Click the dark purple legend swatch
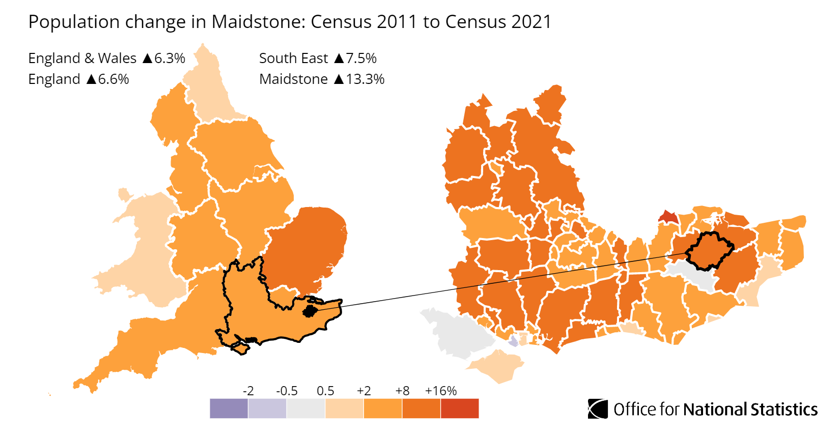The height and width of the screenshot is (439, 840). click(229, 408)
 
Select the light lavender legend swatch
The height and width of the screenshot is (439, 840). click(267, 408)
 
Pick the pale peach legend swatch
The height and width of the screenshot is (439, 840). click(344, 408)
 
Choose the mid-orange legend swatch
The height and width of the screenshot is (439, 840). click(383, 408)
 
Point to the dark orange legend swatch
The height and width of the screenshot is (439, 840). click(421, 408)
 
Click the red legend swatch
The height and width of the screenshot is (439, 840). click(460, 408)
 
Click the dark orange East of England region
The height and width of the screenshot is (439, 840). click(305, 244)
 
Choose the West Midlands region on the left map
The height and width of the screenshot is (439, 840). click(199, 239)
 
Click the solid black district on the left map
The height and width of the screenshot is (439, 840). click(310, 311)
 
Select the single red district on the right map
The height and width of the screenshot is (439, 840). click(668, 217)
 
